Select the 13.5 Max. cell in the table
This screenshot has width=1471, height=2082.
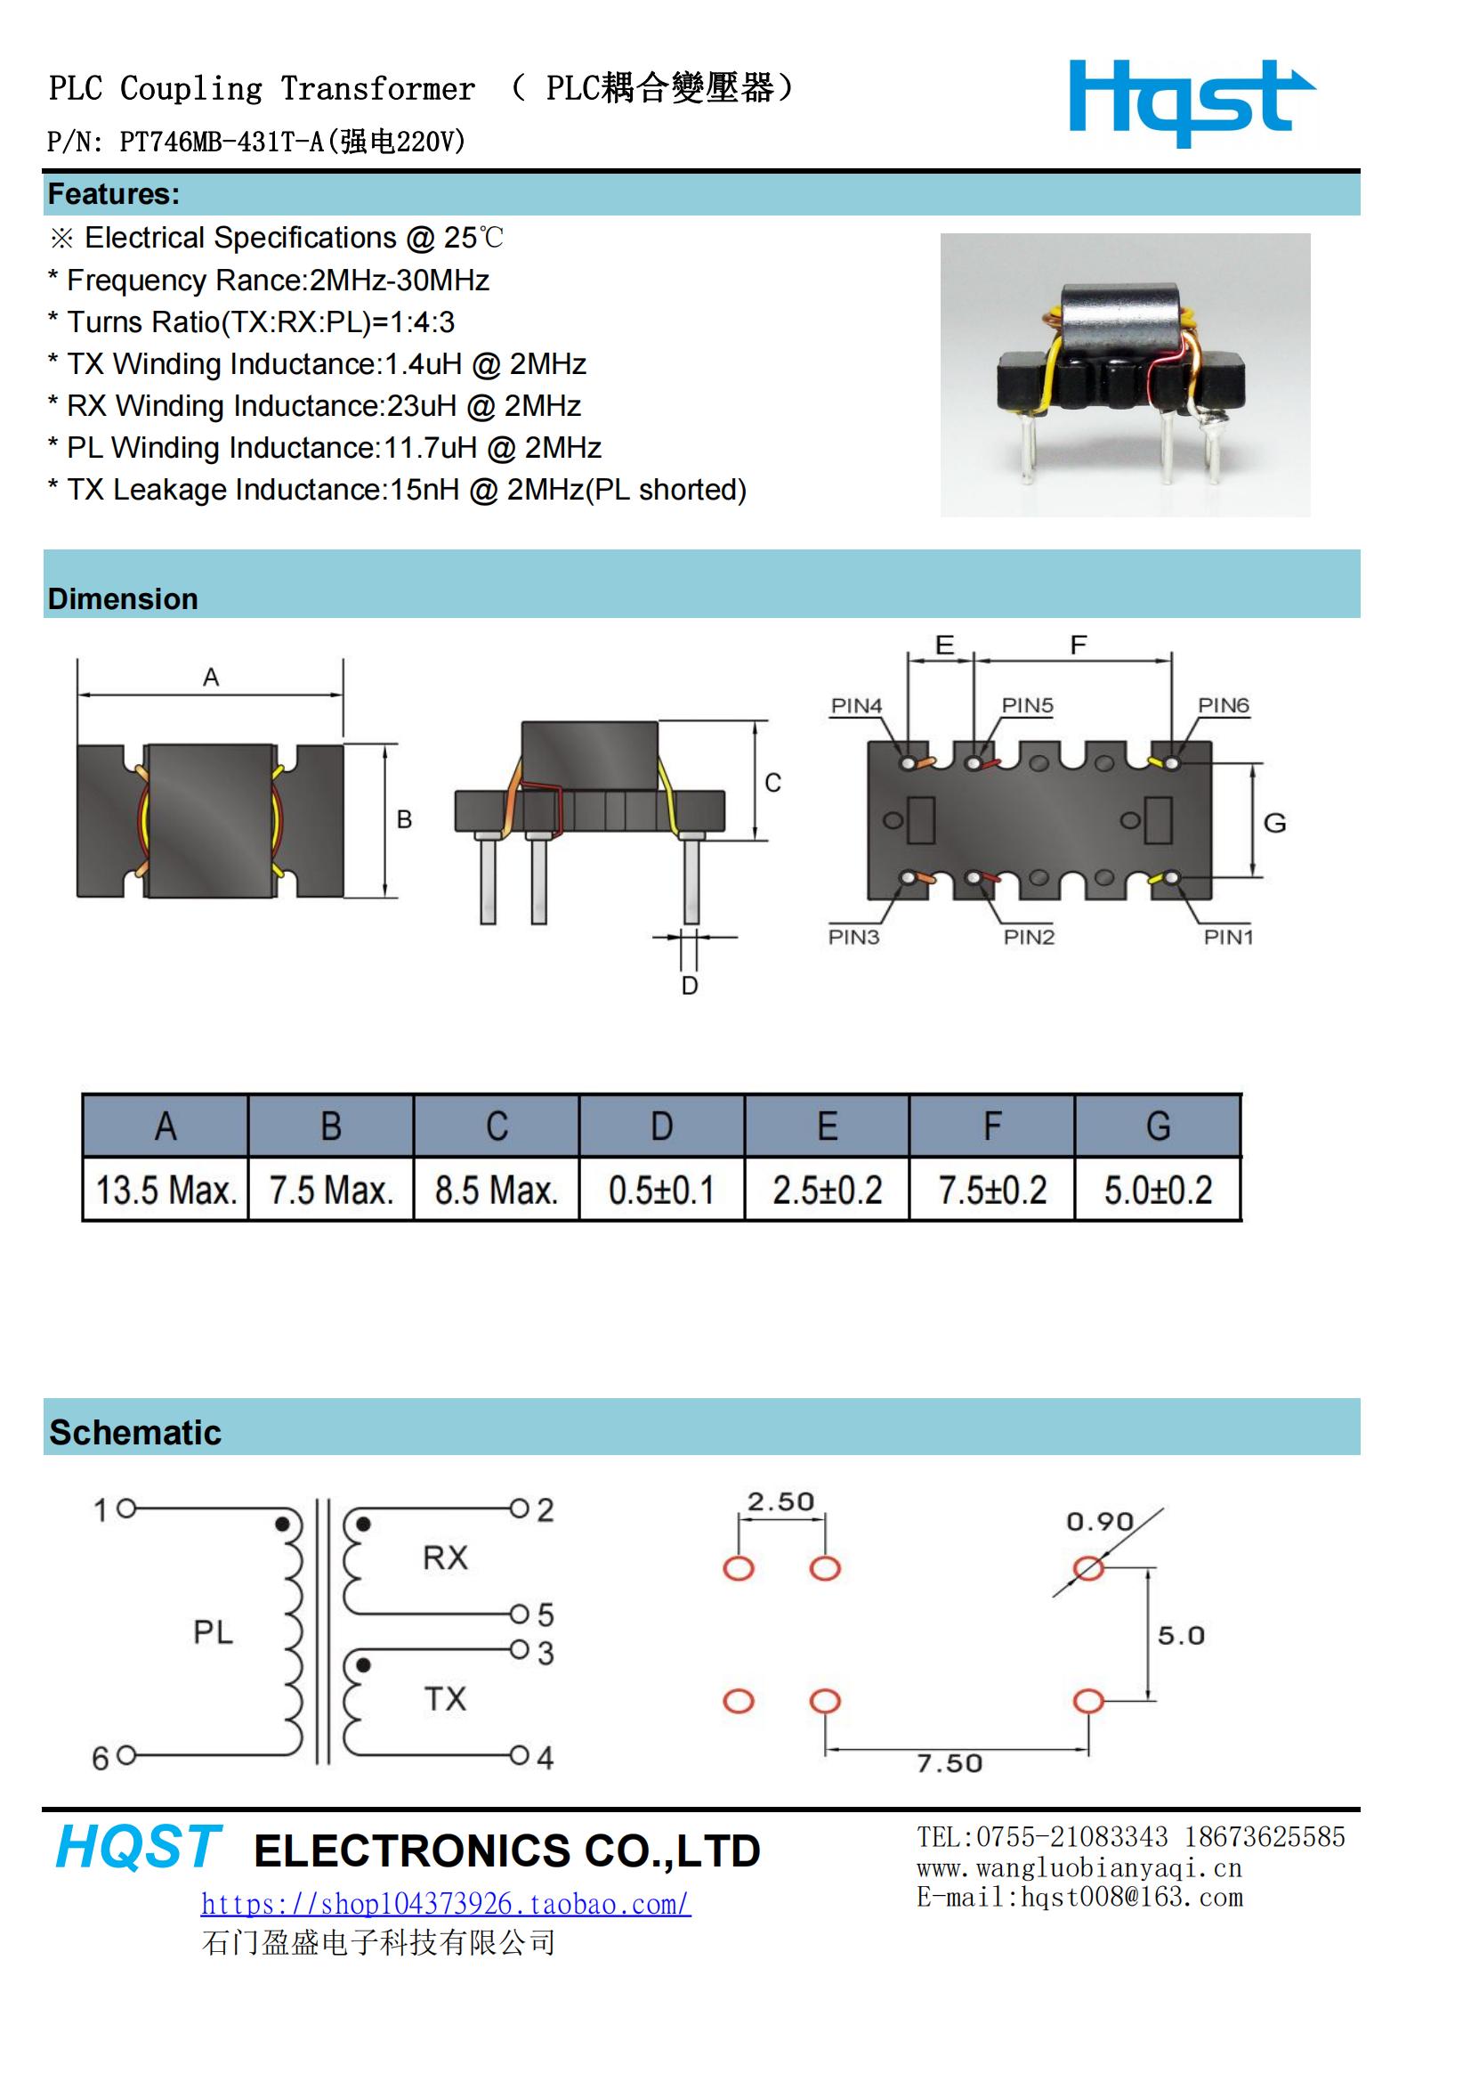(166, 1190)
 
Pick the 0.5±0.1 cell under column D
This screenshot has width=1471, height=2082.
(661, 1190)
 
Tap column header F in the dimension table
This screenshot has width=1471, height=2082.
(992, 1126)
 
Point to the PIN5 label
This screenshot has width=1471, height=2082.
(1027, 705)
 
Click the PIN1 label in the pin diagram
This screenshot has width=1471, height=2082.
(1228, 937)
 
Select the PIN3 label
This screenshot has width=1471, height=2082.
(853, 937)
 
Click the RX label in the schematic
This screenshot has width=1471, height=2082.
(445, 1557)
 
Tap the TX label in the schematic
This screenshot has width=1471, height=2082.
(445, 1699)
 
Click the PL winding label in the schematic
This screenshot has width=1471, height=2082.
(213, 1632)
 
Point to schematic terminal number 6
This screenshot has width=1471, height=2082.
(101, 1758)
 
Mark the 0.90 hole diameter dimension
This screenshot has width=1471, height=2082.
(1099, 1521)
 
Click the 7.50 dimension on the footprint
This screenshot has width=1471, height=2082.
(950, 1763)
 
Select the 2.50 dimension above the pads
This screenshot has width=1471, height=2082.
(780, 1501)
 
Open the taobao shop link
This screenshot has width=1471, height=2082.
(445, 1903)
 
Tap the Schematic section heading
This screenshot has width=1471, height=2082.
(135, 1433)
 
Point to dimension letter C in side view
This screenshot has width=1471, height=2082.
(772, 783)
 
